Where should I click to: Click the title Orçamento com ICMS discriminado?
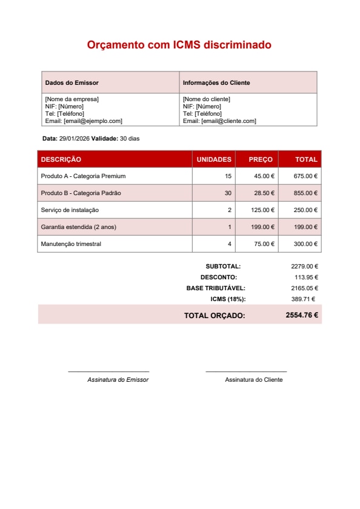(179, 45)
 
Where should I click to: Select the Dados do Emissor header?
(72, 82)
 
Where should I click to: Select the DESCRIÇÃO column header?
(61, 159)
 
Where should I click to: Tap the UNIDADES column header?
(214, 159)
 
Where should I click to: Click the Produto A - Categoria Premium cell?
(83, 176)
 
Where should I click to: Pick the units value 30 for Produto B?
(228, 193)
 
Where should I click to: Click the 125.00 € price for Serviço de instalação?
(264, 210)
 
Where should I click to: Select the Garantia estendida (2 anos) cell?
(78, 227)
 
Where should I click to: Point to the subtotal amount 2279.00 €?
(304, 266)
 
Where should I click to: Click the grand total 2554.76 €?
(302, 315)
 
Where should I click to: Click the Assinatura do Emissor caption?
(118, 379)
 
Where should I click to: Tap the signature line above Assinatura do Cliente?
(246, 371)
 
